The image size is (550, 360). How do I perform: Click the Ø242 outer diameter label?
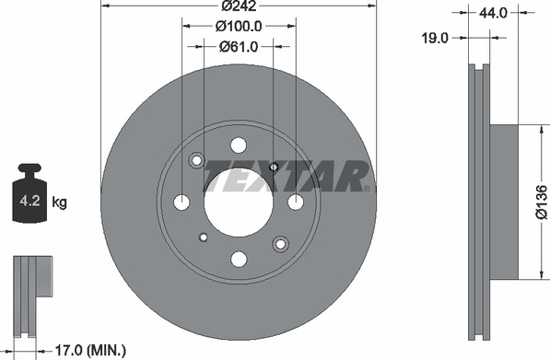pos(240,6)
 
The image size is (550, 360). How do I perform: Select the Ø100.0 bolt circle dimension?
pos(239,27)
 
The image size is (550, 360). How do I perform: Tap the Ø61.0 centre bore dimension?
pos(239,47)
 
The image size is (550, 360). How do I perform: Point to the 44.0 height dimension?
pos(493,13)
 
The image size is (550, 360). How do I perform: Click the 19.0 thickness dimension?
pos(435,38)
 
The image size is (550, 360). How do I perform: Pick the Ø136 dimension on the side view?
pos(542,203)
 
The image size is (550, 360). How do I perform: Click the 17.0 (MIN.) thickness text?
pos(90,350)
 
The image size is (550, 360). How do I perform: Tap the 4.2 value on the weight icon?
pos(29,202)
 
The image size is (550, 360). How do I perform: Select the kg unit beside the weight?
pos(60,203)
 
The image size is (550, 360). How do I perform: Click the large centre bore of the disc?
pos(239,203)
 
